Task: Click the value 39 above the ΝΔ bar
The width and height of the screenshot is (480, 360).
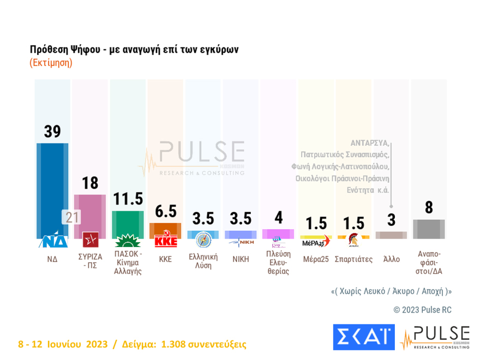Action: pos(52,131)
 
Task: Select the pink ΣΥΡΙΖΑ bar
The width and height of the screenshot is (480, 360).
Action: pos(90,213)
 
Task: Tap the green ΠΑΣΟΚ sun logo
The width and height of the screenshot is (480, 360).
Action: pos(128,240)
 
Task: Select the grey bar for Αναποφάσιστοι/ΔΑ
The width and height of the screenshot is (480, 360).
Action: pos(429,229)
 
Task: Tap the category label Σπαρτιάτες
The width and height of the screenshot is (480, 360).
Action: pos(354,259)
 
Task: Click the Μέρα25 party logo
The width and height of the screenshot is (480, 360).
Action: pos(316,241)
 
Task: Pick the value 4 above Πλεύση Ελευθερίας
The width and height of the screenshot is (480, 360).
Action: pos(278,218)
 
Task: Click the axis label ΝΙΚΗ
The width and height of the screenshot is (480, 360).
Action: pos(241,259)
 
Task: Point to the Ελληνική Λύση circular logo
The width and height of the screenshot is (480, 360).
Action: pos(203,239)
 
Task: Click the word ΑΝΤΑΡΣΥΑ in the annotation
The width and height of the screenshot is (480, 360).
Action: pos(370,143)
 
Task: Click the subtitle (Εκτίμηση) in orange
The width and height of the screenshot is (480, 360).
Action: pos(51,63)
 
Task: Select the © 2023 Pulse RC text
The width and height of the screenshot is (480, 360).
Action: pos(422,310)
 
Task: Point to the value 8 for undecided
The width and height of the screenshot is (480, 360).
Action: pos(429,208)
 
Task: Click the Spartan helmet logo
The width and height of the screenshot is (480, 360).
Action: pos(353,238)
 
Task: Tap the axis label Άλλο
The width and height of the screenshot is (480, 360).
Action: pos(391,259)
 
